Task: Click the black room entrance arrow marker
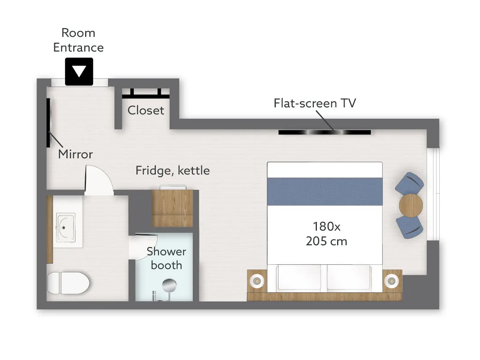click(79, 72)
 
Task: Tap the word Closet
click(146, 111)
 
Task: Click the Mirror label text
click(75, 154)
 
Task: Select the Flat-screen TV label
click(315, 103)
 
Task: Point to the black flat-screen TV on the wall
click(324, 132)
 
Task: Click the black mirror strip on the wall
click(48, 123)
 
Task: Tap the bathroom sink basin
click(66, 228)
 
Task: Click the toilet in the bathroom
click(68, 283)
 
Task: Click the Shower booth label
click(166, 258)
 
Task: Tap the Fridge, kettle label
click(173, 171)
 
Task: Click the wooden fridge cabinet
click(173, 208)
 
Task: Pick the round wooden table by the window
click(411, 205)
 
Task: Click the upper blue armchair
click(410, 183)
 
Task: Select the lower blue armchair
click(410, 227)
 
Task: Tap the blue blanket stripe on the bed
click(325, 192)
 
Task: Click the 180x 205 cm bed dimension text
click(326, 234)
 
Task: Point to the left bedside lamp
click(257, 280)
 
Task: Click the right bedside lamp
click(392, 280)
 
